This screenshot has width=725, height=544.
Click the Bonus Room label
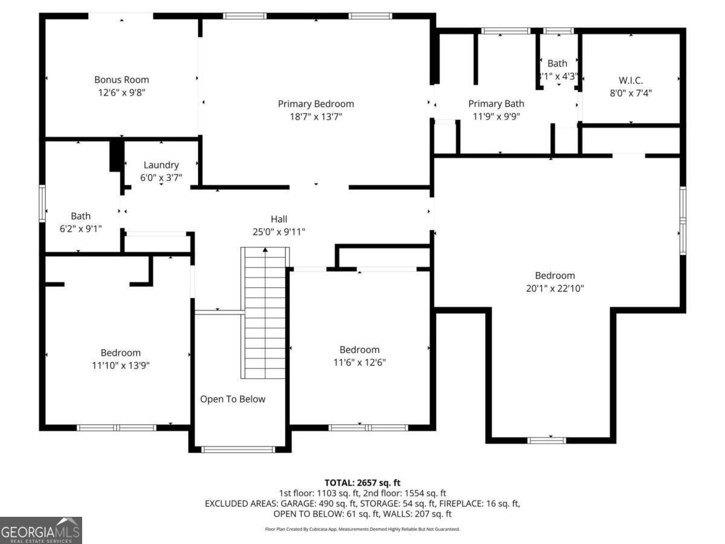121,79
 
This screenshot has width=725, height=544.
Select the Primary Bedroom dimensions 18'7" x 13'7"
316,117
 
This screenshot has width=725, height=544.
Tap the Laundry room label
161,165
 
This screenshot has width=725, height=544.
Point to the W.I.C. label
631,80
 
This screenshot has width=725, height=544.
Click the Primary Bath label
496,104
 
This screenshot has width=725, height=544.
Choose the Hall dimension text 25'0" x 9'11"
279,232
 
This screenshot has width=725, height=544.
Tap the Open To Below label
233,399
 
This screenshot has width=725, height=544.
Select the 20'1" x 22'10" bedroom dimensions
555,288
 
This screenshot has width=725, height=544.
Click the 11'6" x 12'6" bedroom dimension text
359,363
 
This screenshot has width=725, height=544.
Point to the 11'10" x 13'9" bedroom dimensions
120,365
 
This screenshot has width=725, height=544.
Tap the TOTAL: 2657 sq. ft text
362,482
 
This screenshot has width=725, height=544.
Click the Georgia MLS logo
41,530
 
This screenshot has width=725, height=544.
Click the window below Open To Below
237,449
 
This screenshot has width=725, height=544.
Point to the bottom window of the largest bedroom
547,440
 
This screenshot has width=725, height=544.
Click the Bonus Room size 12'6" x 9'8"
121,92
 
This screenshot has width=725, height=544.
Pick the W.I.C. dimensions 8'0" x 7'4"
631,93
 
